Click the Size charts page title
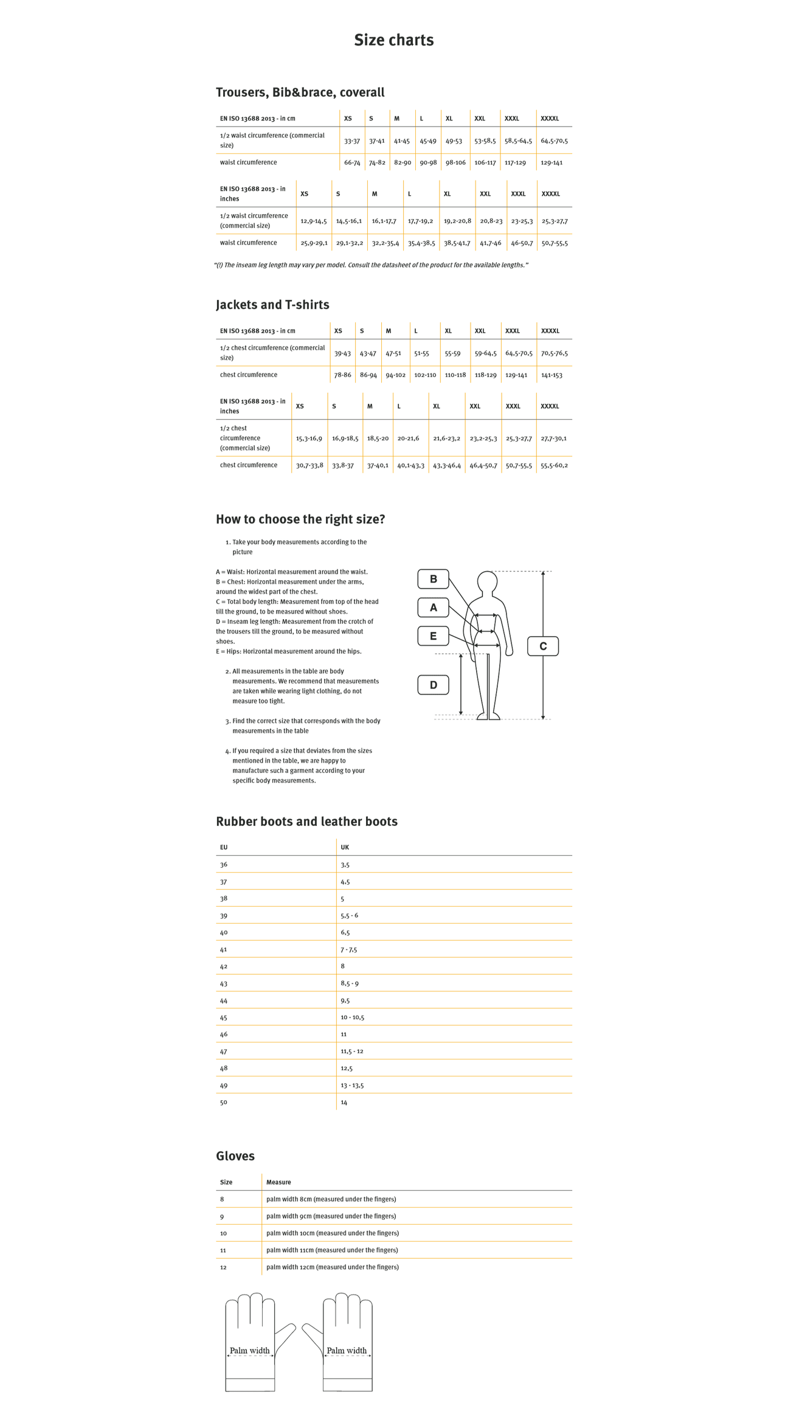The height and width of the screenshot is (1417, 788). pyautogui.click(x=393, y=40)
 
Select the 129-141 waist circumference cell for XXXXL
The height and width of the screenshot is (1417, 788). pyautogui.click(x=551, y=162)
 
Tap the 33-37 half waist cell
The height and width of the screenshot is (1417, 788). pyautogui.click(x=352, y=140)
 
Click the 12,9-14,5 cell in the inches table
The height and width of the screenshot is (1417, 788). pyautogui.click(x=313, y=221)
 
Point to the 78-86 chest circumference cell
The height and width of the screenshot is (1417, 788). pyautogui.click(x=342, y=375)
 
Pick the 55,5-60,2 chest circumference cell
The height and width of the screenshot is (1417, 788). pyautogui.click(x=554, y=465)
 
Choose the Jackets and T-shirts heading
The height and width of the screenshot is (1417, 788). pyautogui.click(x=272, y=305)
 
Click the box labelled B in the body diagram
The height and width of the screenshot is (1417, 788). pyautogui.click(x=433, y=579)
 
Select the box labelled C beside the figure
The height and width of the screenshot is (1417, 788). pyautogui.click(x=542, y=646)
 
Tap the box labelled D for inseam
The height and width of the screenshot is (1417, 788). pyautogui.click(x=433, y=685)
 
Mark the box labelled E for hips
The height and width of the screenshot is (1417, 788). pyautogui.click(x=433, y=636)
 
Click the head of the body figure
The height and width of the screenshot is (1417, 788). pyautogui.click(x=487, y=581)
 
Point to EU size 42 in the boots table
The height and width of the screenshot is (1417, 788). pyautogui.click(x=224, y=966)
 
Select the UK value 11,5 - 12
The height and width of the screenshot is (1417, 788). pyautogui.click(x=351, y=1051)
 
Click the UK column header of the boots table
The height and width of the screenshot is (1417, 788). pyautogui.click(x=345, y=847)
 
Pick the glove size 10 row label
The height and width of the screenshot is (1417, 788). pyautogui.click(x=223, y=1233)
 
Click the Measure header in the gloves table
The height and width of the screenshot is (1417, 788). pyautogui.click(x=278, y=1182)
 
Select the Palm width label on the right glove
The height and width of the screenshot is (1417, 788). pyautogui.click(x=347, y=1351)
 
